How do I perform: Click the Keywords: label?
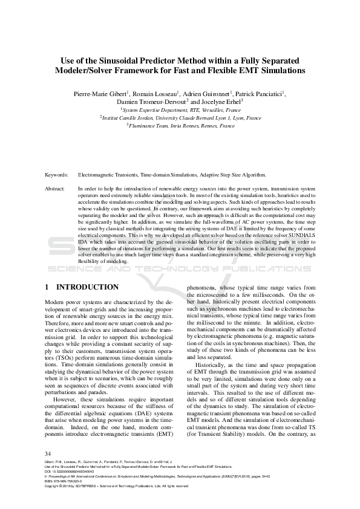56,175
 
